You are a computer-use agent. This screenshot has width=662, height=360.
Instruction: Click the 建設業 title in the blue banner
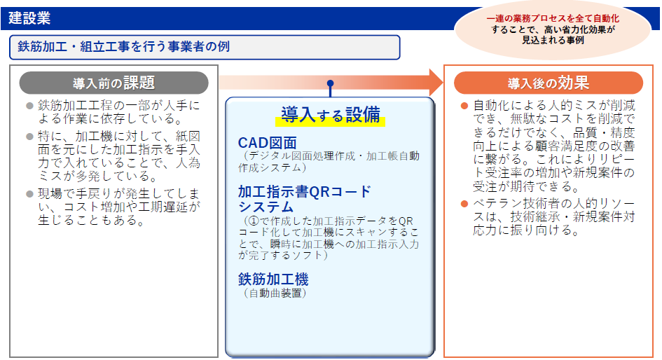click(x=29, y=18)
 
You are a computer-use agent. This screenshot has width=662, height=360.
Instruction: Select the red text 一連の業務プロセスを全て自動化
click(x=553, y=19)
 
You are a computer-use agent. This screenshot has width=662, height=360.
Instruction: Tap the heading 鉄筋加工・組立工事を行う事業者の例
click(x=124, y=46)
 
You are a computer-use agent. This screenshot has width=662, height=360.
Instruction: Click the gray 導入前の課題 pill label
click(x=114, y=83)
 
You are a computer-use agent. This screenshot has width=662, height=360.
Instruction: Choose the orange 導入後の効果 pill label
click(x=549, y=83)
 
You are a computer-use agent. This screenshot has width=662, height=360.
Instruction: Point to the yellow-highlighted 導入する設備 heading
click(x=330, y=115)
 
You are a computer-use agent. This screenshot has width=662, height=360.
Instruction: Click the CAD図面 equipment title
click(x=267, y=143)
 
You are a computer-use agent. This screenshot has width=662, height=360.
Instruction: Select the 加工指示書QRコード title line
click(x=305, y=192)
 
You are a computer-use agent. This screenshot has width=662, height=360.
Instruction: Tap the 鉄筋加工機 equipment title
click(x=273, y=279)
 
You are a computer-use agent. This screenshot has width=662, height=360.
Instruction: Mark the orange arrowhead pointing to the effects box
click(x=436, y=83)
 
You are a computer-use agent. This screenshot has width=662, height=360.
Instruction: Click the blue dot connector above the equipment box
click(x=330, y=83)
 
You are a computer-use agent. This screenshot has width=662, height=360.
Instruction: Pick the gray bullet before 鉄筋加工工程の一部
click(x=29, y=106)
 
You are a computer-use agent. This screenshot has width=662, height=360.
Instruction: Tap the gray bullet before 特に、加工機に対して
click(x=29, y=137)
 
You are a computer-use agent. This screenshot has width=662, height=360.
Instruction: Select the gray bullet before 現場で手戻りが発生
click(x=29, y=194)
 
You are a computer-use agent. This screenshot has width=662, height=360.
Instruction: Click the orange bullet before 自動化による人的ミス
click(x=464, y=106)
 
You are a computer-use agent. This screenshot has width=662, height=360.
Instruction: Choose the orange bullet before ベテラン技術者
click(x=464, y=204)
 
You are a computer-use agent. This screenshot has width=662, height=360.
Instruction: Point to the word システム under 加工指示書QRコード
click(x=266, y=207)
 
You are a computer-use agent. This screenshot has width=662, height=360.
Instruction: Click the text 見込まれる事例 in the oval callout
click(x=553, y=41)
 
